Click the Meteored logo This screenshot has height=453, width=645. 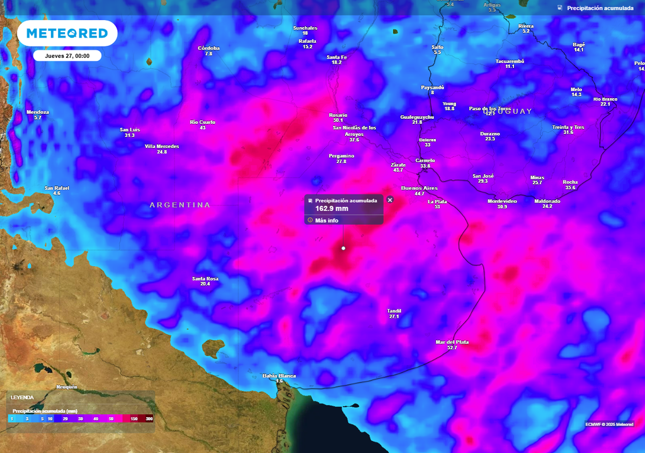point(67,33)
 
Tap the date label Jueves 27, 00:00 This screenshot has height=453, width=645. point(67,55)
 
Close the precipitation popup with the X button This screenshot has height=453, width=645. point(390,200)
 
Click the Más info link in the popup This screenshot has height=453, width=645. point(326,220)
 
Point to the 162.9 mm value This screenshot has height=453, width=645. point(332,208)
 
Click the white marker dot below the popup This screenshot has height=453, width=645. point(343,249)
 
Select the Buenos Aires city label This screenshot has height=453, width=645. point(419,188)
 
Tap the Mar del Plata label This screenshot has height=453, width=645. point(452,342)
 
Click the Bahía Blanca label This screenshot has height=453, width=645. point(279,376)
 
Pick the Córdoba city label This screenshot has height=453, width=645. point(208,48)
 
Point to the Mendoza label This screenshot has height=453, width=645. point(37,113)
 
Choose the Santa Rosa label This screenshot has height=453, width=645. point(205,279)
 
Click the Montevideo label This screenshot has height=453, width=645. point(502,201)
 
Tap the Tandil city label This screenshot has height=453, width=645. point(394,311)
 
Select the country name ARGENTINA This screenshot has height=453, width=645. point(180,205)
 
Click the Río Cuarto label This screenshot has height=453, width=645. point(203,122)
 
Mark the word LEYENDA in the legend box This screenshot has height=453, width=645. point(22,398)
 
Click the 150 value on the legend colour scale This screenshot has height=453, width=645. point(134,418)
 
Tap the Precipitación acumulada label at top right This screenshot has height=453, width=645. point(600,8)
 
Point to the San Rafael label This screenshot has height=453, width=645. point(57,188)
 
